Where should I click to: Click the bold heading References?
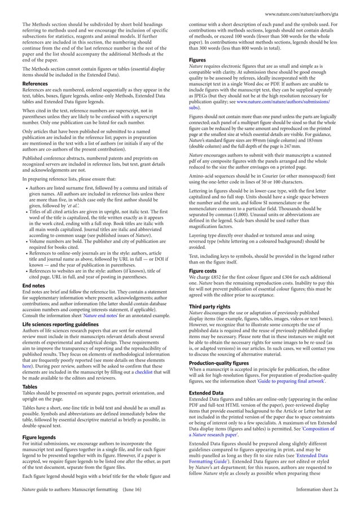click(34, 84)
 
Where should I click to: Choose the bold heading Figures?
click(197, 59)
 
